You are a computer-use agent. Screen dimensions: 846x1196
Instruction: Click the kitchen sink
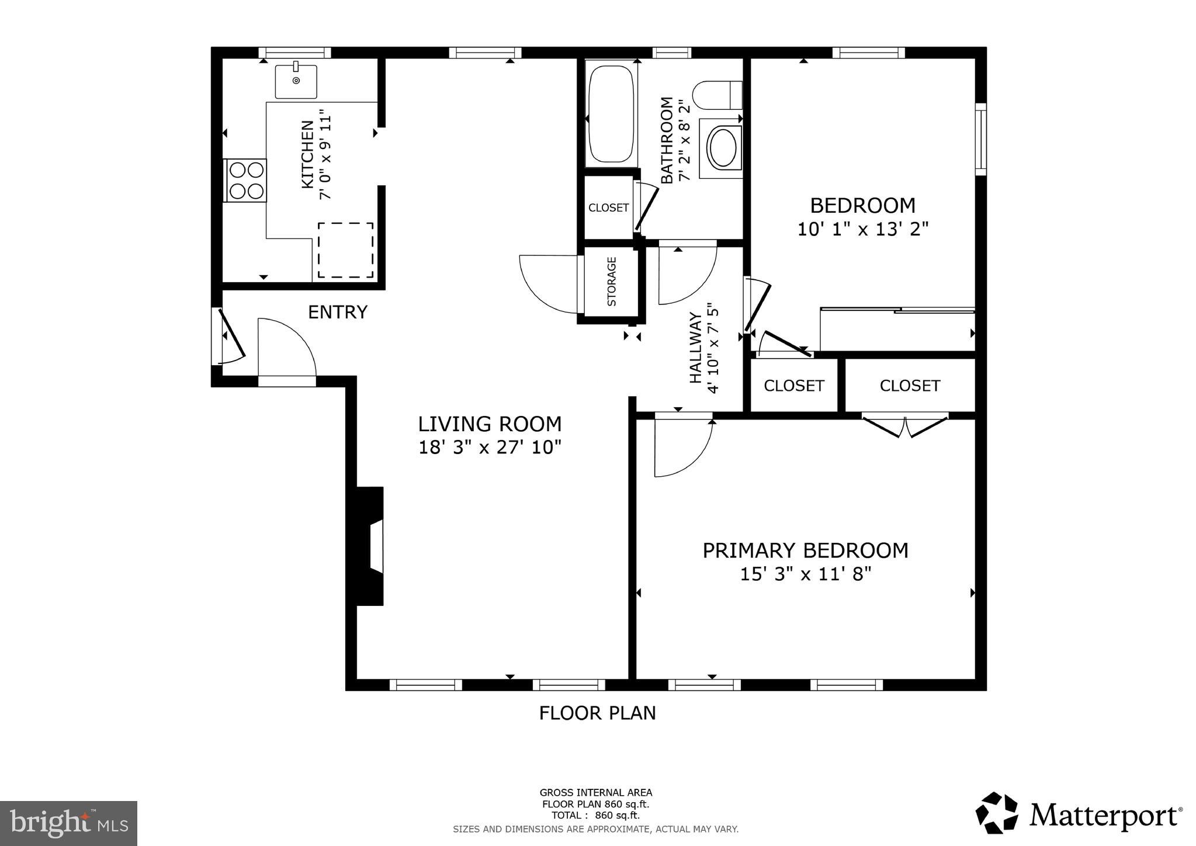[x=296, y=81]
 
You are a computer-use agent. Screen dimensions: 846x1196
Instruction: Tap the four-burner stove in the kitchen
[x=246, y=181]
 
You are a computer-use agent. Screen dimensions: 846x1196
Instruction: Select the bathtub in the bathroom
[x=611, y=115]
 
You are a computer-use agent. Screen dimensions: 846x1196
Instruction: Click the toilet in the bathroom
[x=717, y=95]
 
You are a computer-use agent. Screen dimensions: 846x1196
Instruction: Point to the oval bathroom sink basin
[x=723, y=148]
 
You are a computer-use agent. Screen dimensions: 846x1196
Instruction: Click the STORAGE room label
[x=612, y=282]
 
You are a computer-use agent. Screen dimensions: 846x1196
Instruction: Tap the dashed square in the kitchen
[x=345, y=250]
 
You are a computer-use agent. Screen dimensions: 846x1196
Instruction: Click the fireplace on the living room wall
[x=370, y=546]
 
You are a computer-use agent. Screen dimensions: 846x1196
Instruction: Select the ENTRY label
[x=338, y=313]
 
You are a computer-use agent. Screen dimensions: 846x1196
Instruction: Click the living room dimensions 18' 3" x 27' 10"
[x=490, y=448]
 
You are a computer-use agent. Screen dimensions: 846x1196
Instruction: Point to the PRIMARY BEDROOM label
[x=805, y=550]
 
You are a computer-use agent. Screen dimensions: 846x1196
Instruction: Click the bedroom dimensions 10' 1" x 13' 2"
[x=862, y=229]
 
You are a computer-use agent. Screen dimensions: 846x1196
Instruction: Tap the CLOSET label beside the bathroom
[x=608, y=208]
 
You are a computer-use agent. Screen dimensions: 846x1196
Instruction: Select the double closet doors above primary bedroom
[x=904, y=426]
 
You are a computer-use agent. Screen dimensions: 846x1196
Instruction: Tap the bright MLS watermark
[x=68, y=823]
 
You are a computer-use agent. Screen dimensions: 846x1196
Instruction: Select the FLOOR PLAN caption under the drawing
[x=597, y=713]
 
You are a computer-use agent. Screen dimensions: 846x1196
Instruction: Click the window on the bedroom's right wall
[x=981, y=139]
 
